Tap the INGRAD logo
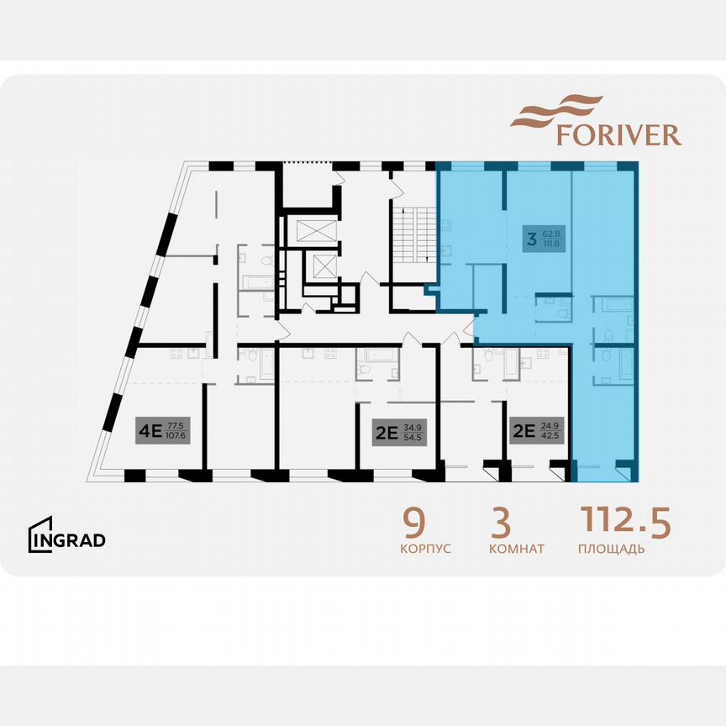(67, 538)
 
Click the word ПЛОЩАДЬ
(612, 550)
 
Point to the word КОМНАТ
(516, 550)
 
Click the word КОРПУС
(425, 550)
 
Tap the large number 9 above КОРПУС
(413, 523)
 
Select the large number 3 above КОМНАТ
(501, 523)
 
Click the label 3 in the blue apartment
(531, 239)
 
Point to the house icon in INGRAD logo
(40, 534)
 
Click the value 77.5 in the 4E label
(176, 428)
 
